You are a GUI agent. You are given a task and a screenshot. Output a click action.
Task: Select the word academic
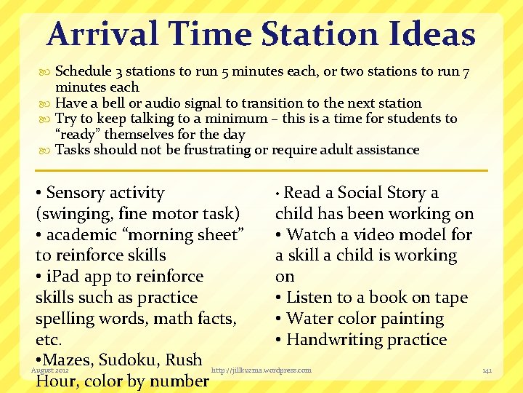coord(80,235)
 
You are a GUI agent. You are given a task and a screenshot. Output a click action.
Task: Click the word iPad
coord(65,277)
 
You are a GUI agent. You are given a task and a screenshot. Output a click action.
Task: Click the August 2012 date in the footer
coord(49,370)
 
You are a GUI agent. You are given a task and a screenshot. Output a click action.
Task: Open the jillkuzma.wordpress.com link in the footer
coord(261,370)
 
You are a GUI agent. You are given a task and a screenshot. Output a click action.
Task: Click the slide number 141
coord(487,371)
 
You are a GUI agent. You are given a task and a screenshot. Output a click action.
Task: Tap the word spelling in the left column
coord(68,319)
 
